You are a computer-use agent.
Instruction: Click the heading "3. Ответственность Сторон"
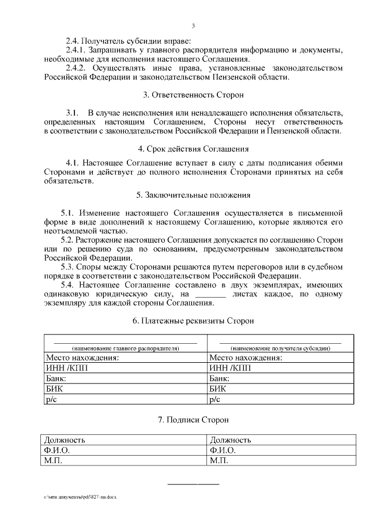[193, 95]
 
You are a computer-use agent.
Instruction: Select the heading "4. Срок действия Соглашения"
[193, 148]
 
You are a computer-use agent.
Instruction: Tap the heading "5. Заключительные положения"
[193, 195]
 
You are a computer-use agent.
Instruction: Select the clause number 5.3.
[68, 267]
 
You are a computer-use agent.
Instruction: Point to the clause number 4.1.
[74, 162]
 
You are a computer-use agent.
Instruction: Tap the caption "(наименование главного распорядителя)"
[125, 348]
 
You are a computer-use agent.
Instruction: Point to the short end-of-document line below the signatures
[193, 483]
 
